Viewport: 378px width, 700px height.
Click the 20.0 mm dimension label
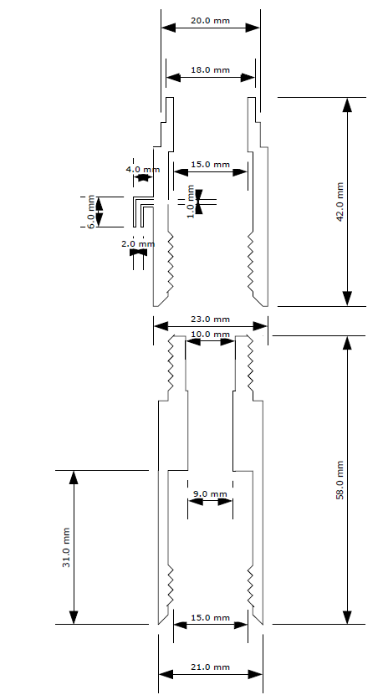(210, 21)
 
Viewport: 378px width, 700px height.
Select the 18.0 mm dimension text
(210, 70)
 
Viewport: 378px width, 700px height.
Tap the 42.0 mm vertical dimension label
(340, 202)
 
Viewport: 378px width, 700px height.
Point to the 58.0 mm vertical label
(340, 480)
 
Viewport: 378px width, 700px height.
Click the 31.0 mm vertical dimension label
(66, 547)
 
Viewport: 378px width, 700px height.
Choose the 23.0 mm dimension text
(210, 319)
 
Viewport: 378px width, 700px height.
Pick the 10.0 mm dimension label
(210, 335)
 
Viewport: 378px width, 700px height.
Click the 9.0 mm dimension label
(210, 493)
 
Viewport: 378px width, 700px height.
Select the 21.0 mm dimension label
(210, 667)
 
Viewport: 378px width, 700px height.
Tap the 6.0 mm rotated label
(91, 212)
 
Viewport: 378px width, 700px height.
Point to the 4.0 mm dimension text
(142, 170)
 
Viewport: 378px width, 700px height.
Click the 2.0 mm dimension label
(138, 243)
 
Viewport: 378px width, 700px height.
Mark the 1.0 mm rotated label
(191, 202)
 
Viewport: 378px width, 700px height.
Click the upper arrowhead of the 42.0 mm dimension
(347, 105)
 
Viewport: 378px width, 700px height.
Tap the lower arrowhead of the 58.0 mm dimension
(347, 616)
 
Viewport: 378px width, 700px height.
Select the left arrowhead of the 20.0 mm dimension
(169, 28)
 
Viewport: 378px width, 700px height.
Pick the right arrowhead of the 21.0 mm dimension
(255, 674)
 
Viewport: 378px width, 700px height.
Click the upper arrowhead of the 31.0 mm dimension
(74, 478)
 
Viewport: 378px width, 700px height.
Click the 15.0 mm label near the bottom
(210, 617)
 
